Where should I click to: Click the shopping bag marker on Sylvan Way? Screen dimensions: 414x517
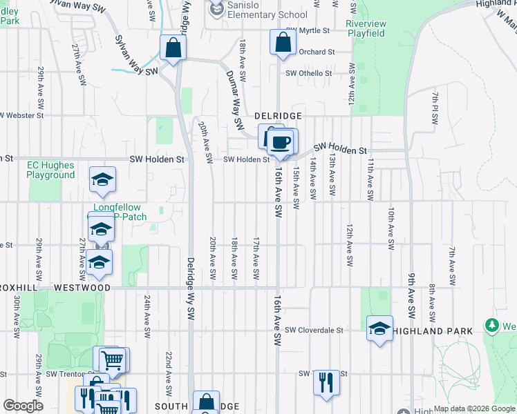(172, 48)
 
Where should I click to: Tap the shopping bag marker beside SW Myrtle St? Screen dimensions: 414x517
(283, 43)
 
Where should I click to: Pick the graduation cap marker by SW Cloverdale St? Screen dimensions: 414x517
(379, 329)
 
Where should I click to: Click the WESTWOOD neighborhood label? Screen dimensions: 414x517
(82, 287)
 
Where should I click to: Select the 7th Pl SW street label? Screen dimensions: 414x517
(434, 109)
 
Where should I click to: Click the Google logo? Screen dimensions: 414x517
(23, 406)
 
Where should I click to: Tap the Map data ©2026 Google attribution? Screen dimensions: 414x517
(473, 408)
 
